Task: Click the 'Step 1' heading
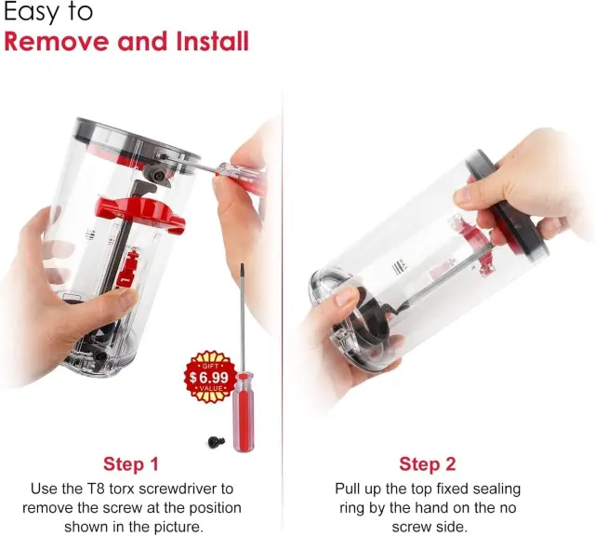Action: click(130, 463)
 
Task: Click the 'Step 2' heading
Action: click(428, 463)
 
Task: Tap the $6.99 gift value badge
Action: click(209, 377)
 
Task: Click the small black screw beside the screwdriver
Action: click(217, 442)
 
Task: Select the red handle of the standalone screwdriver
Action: click(244, 412)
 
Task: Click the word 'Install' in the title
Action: click(212, 41)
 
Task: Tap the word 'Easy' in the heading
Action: click(32, 12)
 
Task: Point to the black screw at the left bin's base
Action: click(100, 356)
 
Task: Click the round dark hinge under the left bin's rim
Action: click(157, 175)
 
